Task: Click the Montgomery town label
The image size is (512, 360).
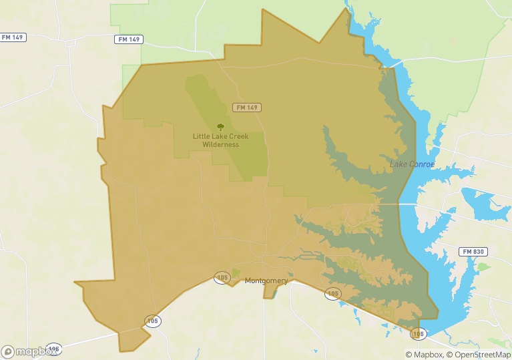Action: (266, 281)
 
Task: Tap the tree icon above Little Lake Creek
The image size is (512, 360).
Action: (220, 126)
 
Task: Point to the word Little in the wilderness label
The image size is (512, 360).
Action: (202, 136)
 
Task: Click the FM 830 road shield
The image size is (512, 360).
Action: (473, 252)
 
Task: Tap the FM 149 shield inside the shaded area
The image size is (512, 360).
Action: (246, 108)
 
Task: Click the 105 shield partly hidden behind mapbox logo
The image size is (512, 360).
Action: (54, 348)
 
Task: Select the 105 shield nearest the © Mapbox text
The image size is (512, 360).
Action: (418, 333)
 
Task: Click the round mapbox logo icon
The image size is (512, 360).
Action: (8, 351)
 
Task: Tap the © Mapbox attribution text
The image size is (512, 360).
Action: (424, 355)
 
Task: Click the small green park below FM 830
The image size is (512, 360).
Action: (483, 266)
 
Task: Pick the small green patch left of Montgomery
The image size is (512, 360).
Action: (234, 273)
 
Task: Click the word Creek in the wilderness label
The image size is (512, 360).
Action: (237, 136)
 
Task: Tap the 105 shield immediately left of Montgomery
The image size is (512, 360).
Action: (222, 277)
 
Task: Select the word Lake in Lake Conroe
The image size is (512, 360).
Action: (399, 164)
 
